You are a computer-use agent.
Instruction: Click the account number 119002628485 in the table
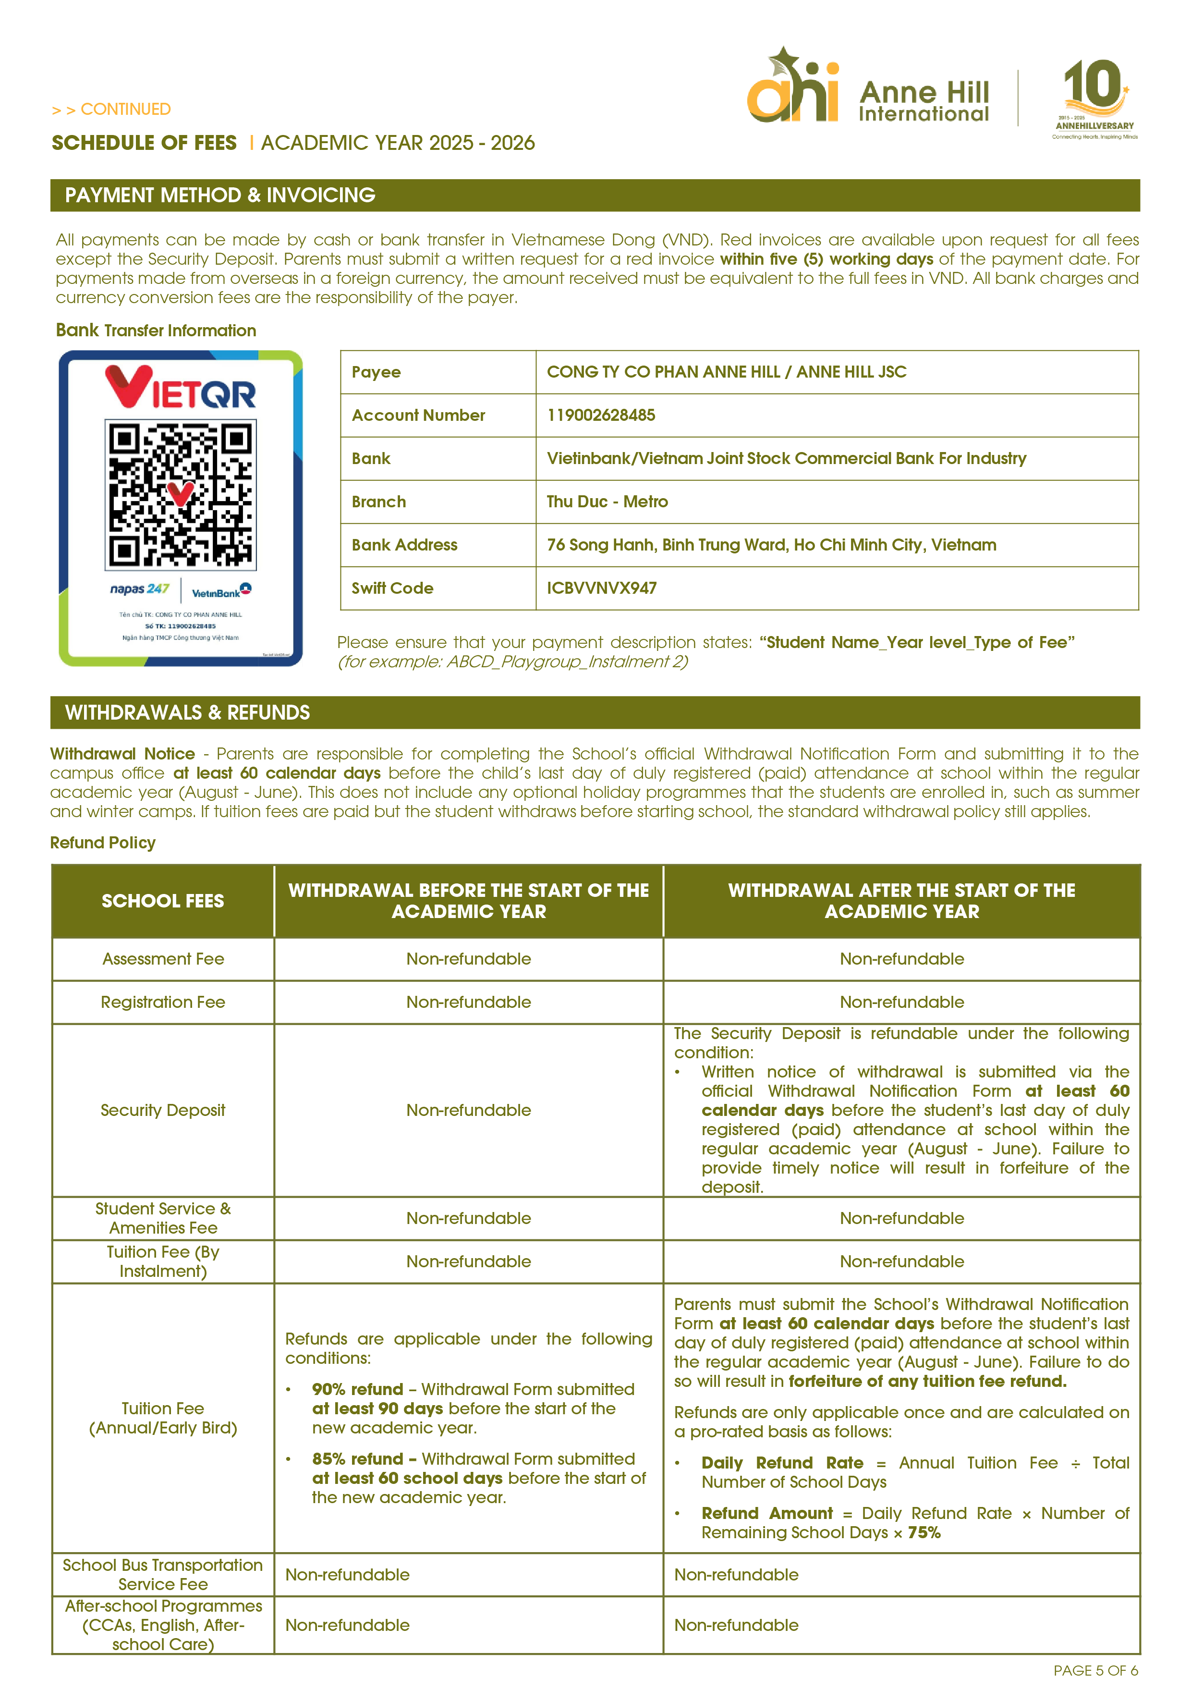click(601, 415)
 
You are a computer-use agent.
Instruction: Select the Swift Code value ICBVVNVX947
click(601, 588)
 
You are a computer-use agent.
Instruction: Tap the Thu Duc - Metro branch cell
click(607, 502)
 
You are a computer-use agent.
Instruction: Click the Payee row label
click(376, 372)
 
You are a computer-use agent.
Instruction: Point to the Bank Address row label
click(404, 545)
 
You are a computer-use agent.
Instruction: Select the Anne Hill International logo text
click(924, 101)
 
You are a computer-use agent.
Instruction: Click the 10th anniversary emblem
click(1094, 97)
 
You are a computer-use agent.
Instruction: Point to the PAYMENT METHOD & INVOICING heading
click(220, 195)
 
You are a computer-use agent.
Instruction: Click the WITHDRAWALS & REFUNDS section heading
click(187, 712)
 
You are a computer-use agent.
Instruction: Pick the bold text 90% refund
click(357, 1389)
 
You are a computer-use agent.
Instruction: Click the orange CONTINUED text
click(125, 110)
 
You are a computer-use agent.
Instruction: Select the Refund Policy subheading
click(103, 843)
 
